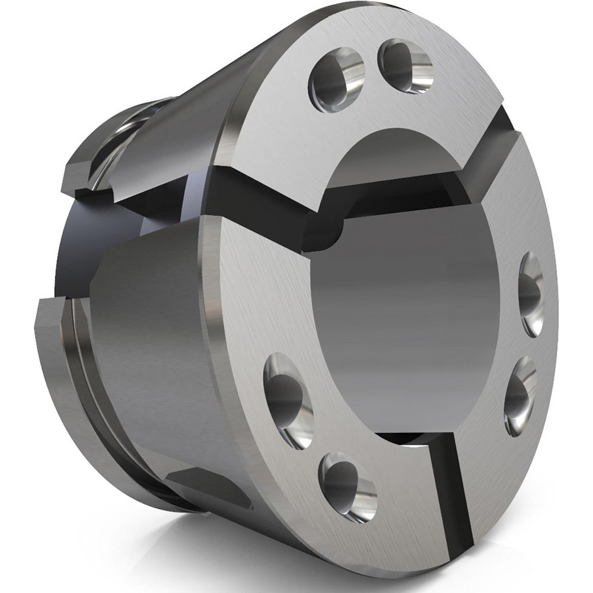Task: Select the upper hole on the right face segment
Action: (531, 294)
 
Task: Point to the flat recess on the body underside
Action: (208, 483)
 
